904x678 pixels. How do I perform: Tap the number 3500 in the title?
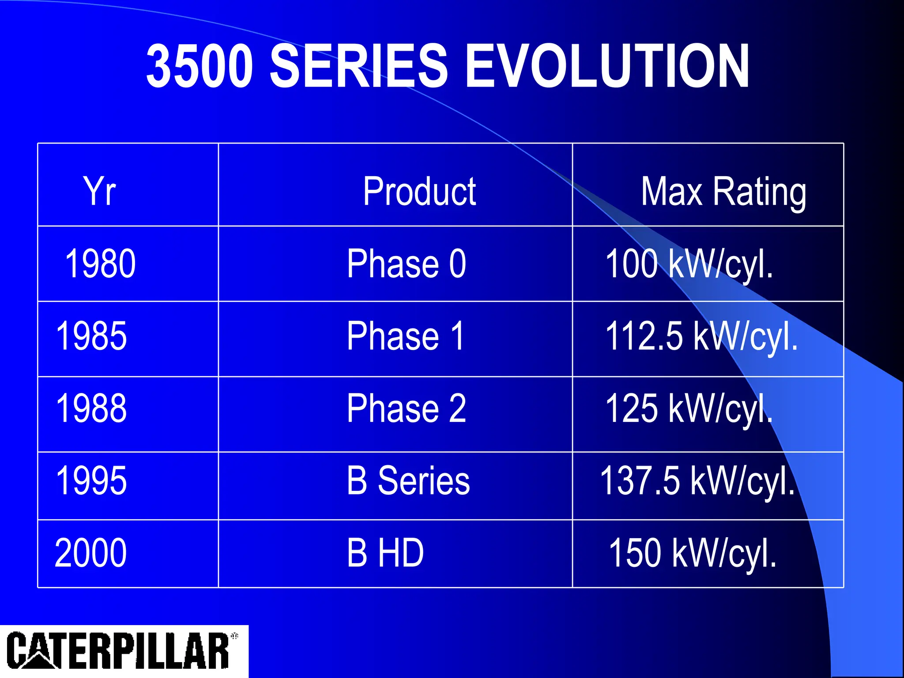click(x=200, y=66)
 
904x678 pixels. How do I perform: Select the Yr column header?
click(x=99, y=191)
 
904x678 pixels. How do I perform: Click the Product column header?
click(x=419, y=191)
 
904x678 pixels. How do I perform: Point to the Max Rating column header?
click(x=723, y=192)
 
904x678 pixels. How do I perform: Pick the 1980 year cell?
click(x=100, y=264)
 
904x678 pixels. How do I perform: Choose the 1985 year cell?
click(x=91, y=336)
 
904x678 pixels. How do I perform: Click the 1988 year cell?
click(x=91, y=408)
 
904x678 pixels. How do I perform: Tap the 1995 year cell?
click(x=91, y=481)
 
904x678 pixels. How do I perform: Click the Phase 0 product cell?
click(x=407, y=264)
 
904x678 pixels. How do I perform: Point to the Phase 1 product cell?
click(x=406, y=336)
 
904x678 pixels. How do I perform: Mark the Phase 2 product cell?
click(x=407, y=408)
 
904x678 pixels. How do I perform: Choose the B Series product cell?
click(x=408, y=481)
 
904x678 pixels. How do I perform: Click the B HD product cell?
click(x=385, y=553)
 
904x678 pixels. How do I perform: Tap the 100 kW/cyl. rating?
click(x=689, y=264)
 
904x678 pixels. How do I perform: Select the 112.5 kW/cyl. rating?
click(x=701, y=337)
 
